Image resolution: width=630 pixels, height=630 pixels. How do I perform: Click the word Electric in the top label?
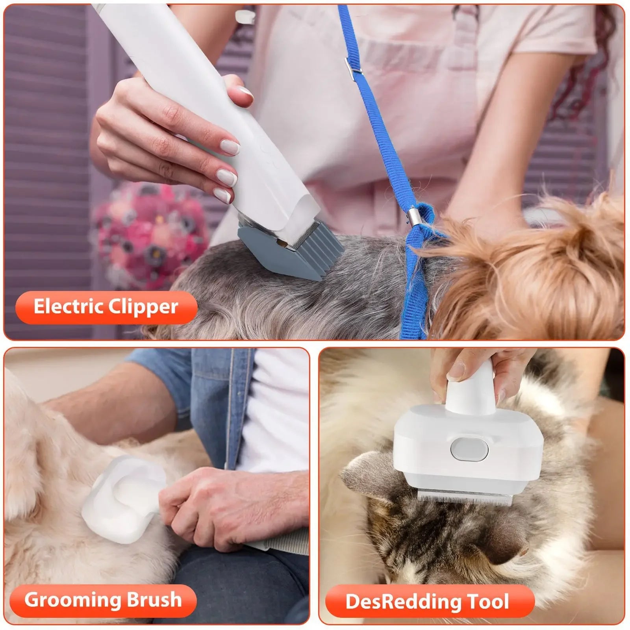click(67, 307)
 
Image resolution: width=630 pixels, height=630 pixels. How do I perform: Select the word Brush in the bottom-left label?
click(149, 600)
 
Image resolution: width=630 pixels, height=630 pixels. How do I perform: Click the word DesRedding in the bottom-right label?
click(402, 602)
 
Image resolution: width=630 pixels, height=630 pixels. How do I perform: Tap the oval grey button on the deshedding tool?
click(469, 449)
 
